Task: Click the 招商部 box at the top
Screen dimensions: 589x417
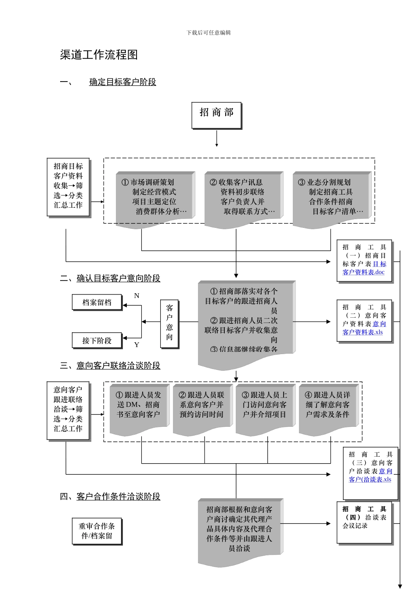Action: pyautogui.click(x=216, y=115)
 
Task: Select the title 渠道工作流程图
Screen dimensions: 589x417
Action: pyautogui.click(x=99, y=55)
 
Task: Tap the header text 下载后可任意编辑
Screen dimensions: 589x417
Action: pyautogui.click(x=208, y=32)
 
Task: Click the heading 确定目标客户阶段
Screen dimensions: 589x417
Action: pyautogui.click(x=122, y=82)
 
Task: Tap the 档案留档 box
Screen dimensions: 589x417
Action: pyautogui.click(x=97, y=302)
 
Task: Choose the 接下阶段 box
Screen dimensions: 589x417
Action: pyautogui.click(x=97, y=341)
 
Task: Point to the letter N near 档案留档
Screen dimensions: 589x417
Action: pyautogui.click(x=137, y=296)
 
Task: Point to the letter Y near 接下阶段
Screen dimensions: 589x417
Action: pyautogui.click(x=137, y=345)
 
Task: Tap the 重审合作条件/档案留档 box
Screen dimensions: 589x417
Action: pyautogui.click(x=97, y=531)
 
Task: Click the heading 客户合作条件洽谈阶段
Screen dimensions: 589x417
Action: pyautogui.click(x=118, y=497)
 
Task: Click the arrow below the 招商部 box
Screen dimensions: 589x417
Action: pyautogui.click(x=216, y=139)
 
